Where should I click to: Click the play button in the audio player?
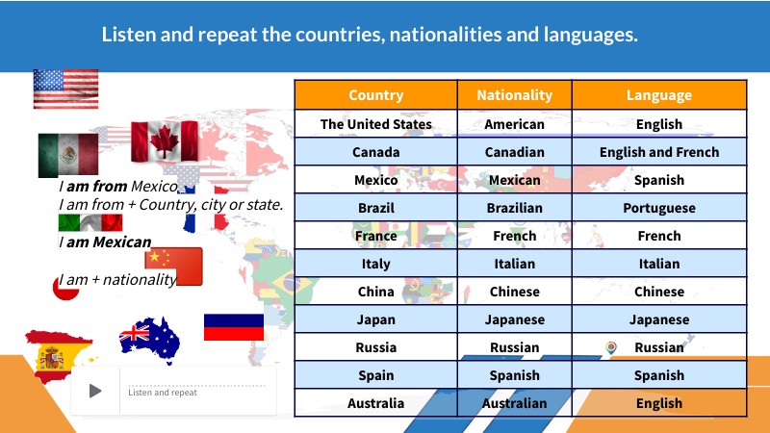click(x=95, y=391)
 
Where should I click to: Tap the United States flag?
click(x=65, y=89)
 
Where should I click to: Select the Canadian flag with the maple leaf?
click(x=165, y=140)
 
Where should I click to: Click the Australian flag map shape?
click(x=150, y=338)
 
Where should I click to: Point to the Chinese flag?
click(x=173, y=266)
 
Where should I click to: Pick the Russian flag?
click(x=233, y=327)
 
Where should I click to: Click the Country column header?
click(x=375, y=95)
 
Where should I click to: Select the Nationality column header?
click(x=514, y=95)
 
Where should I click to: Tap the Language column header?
click(x=658, y=95)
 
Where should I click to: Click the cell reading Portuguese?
click(x=658, y=208)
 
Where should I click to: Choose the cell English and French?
click(x=658, y=152)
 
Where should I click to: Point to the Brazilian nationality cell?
click(x=514, y=208)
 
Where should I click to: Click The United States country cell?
click(x=375, y=124)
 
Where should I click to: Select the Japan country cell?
click(x=375, y=319)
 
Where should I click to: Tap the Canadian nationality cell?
click(x=514, y=152)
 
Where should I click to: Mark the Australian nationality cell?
click(x=514, y=403)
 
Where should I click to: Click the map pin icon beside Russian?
click(x=610, y=347)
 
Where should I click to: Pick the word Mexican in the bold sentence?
click(x=122, y=242)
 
